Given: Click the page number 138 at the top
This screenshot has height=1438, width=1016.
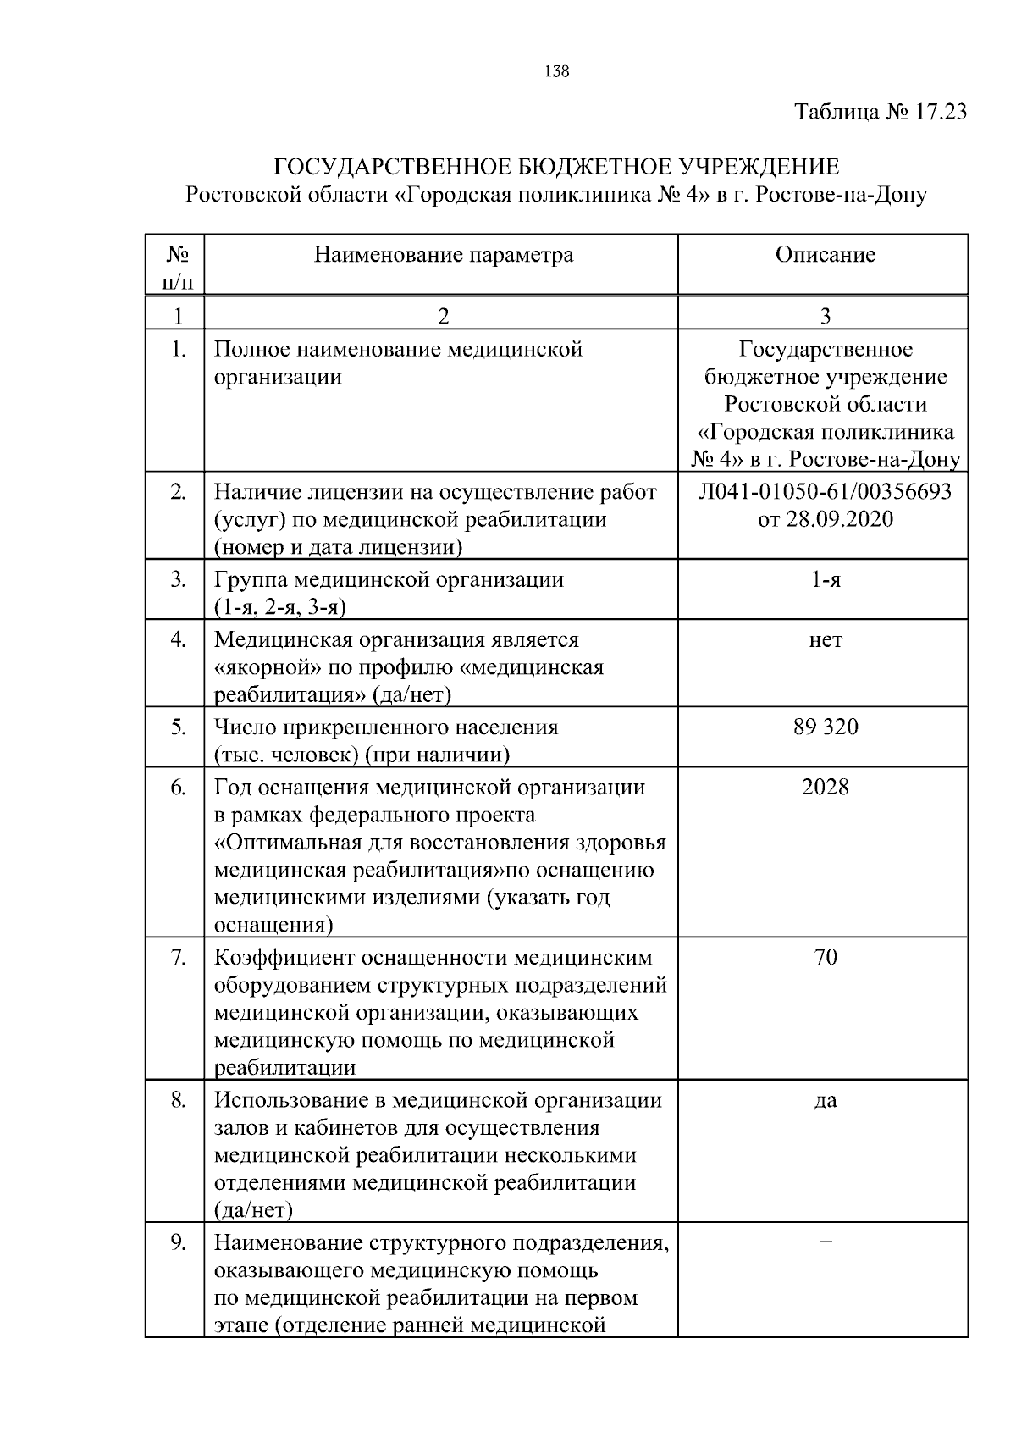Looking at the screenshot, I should (556, 72).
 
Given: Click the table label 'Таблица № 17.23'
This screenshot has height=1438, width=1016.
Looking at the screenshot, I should (881, 112).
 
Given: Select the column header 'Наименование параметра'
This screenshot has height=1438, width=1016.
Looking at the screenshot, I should (443, 255).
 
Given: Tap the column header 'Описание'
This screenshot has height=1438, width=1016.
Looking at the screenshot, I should (825, 255).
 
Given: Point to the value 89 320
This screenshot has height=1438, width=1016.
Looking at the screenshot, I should (825, 727).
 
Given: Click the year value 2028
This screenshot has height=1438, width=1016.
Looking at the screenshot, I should (825, 787).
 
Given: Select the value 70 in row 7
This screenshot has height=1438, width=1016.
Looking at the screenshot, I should (825, 958).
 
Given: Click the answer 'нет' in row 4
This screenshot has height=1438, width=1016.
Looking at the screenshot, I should (825, 640).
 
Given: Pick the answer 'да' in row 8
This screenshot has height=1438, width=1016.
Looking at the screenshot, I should (825, 1101).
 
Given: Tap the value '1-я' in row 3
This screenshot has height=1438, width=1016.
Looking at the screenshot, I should (825, 580).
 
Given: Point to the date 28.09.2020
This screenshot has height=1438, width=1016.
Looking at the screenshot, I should (838, 519).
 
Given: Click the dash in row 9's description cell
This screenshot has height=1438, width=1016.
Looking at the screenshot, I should (825, 1242).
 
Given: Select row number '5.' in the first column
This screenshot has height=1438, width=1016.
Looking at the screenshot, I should (178, 727).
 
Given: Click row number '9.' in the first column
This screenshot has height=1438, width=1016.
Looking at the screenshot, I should (178, 1243).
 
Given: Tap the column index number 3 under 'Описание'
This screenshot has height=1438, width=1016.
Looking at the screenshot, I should (825, 316).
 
